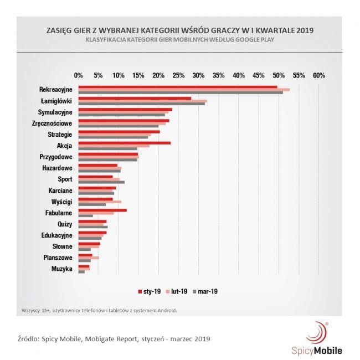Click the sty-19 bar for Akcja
click(x=124, y=143)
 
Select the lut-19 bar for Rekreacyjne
click(x=184, y=89)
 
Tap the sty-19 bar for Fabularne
click(x=102, y=210)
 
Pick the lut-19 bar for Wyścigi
click(x=100, y=202)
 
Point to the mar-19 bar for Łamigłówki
click(x=141, y=104)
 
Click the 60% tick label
click(x=318, y=75)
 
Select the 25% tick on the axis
click(x=178, y=75)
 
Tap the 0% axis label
click(x=78, y=75)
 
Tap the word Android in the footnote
click(x=164, y=310)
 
